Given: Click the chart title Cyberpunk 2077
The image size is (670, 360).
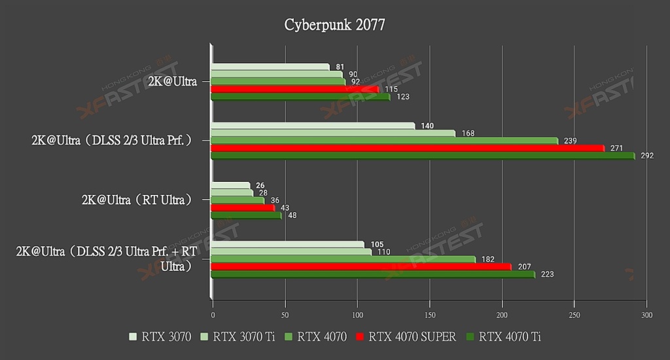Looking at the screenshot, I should click(334, 25).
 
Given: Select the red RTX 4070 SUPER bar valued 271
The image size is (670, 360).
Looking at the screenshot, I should click(407, 149).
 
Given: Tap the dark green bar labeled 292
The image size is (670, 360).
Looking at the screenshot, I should click(422, 156).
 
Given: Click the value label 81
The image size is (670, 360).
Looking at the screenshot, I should click(340, 67).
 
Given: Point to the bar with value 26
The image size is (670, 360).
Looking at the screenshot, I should click(230, 185).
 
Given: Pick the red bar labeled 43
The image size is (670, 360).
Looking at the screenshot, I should click(243, 208).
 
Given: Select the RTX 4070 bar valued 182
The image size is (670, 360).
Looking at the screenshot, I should click(343, 260).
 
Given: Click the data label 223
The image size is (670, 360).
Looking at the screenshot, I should click(547, 274).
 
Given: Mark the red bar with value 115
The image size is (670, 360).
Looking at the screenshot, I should click(295, 89).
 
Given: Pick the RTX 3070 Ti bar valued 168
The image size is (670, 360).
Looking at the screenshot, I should click(333, 134).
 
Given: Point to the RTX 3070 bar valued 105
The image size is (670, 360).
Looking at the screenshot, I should click(288, 245).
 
